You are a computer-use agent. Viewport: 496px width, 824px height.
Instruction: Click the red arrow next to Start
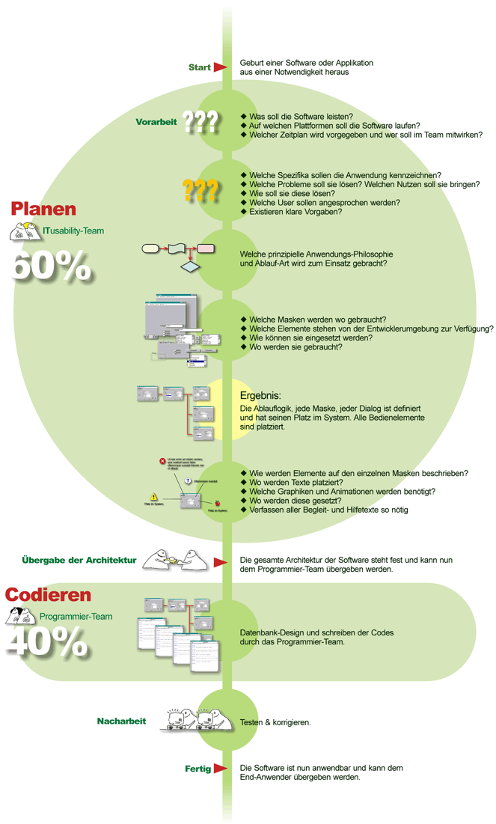(x=220, y=67)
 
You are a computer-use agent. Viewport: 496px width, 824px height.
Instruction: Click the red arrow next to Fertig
(x=220, y=769)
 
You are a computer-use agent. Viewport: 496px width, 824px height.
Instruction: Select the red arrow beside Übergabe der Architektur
(x=220, y=561)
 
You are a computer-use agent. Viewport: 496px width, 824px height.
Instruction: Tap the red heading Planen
(x=43, y=209)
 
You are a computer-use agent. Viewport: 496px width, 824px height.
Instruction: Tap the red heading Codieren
(x=49, y=596)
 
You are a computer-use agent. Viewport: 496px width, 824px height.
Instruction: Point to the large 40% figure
(x=49, y=641)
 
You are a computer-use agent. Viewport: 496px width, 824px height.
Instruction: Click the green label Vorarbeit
(x=155, y=121)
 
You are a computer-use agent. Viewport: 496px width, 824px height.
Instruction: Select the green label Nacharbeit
(x=121, y=721)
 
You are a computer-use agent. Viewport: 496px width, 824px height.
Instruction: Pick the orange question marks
(x=200, y=190)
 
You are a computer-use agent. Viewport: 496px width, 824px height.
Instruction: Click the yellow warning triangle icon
(x=153, y=496)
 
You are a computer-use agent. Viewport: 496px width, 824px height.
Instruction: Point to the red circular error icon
(x=162, y=462)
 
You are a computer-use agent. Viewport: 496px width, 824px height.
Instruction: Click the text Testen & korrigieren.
(x=275, y=722)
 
